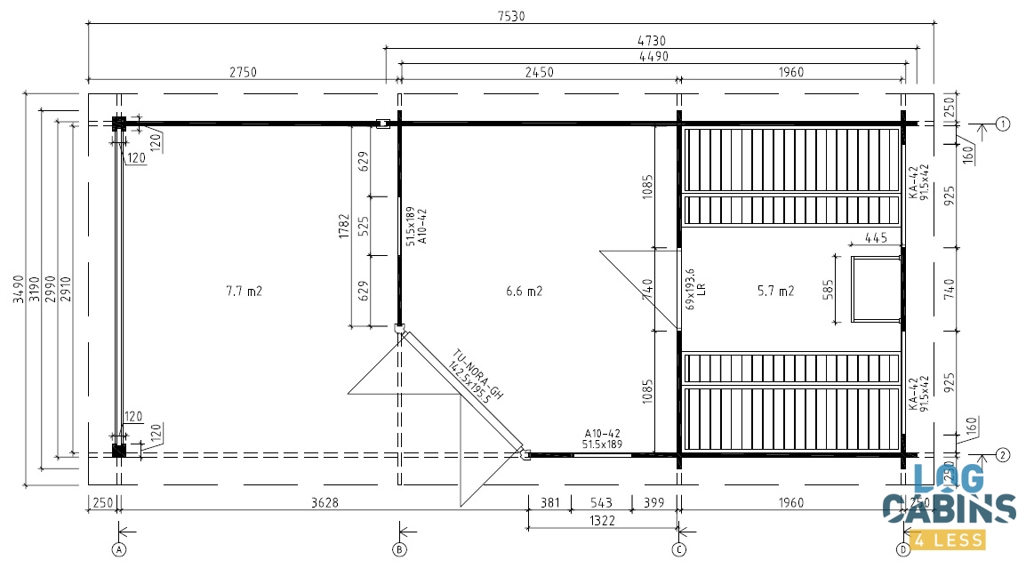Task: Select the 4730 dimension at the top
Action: (652, 40)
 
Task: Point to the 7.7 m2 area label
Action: (244, 291)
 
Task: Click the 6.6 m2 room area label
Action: (524, 291)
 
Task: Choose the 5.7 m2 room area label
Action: (775, 291)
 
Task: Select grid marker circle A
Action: (118, 549)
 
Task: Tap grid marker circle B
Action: (399, 549)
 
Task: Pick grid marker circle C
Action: (679, 549)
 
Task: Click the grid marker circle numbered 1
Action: (1003, 124)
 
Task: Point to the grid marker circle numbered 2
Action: (1003, 455)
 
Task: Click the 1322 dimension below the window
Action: (602, 521)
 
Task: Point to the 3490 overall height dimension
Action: (20, 289)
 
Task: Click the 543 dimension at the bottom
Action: (601, 503)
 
